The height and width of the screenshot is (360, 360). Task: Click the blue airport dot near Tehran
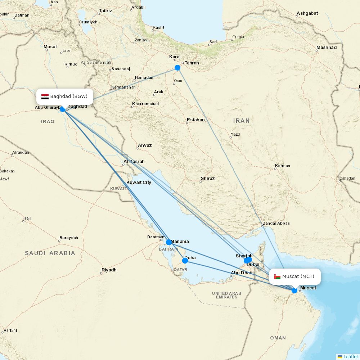pyautogui.click(x=177, y=68)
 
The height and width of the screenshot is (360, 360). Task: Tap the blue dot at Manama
pyautogui.click(x=169, y=242)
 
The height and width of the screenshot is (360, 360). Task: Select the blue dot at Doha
pyautogui.click(x=185, y=260)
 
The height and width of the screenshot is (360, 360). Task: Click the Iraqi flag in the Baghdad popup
pyautogui.click(x=45, y=96)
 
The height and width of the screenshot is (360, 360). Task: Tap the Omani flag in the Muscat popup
pyautogui.click(x=277, y=276)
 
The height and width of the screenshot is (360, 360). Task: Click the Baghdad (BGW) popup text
pyautogui.click(x=69, y=96)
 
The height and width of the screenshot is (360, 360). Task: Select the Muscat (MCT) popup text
pyautogui.click(x=298, y=276)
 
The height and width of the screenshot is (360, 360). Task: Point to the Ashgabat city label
pyautogui.click(x=307, y=14)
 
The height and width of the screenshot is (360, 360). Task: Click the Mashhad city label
pyautogui.click(x=327, y=48)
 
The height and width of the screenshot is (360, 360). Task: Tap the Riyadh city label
pyautogui.click(x=109, y=270)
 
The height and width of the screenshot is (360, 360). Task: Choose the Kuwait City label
pyautogui.click(x=139, y=183)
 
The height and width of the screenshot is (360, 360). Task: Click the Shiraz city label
pyautogui.click(x=208, y=179)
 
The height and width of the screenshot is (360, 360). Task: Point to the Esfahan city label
pyautogui.click(x=196, y=120)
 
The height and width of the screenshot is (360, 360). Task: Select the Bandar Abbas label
pyautogui.click(x=276, y=223)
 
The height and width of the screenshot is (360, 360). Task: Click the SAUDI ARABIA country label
pyautogui.click(x=50, y=253)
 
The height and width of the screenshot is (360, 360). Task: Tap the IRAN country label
pyautogui.click(x=241, y=121)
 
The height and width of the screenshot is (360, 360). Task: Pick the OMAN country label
pyautogui.click(x=278, y=338)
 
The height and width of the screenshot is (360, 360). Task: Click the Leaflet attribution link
pyautogui.click(x=350, y=356)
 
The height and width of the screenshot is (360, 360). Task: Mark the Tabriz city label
pyautogui.click(x=105, y=11)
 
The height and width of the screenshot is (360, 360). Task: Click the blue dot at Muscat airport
pyautogui.click(x=294, y=290)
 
